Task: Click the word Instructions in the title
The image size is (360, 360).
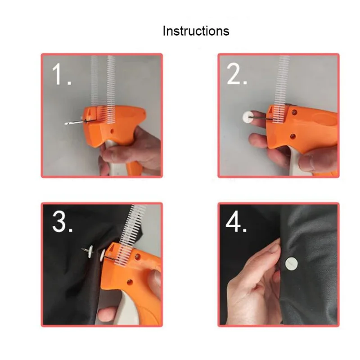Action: coord(196,31)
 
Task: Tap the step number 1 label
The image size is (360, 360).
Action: coord(62,74)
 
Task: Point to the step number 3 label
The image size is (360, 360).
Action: coord(63,222)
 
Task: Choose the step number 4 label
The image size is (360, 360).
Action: coord(236,222)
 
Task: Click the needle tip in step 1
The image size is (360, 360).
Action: coord(66,124)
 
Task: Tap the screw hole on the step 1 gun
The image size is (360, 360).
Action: coord(112,131)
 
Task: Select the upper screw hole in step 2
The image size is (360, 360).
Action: coord(294,112)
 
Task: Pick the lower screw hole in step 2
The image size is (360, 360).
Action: coord(292,136)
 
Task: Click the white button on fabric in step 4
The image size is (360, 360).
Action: coord(291,264)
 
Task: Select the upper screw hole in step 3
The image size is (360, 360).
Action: coord(138,256)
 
